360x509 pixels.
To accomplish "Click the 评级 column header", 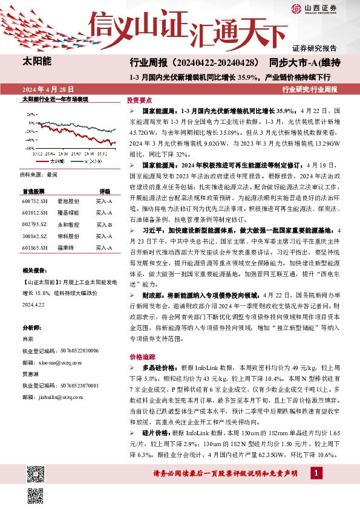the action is [105, 190].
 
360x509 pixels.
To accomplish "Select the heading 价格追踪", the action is [139, 357].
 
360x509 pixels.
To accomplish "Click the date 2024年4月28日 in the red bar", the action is [43, 89].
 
